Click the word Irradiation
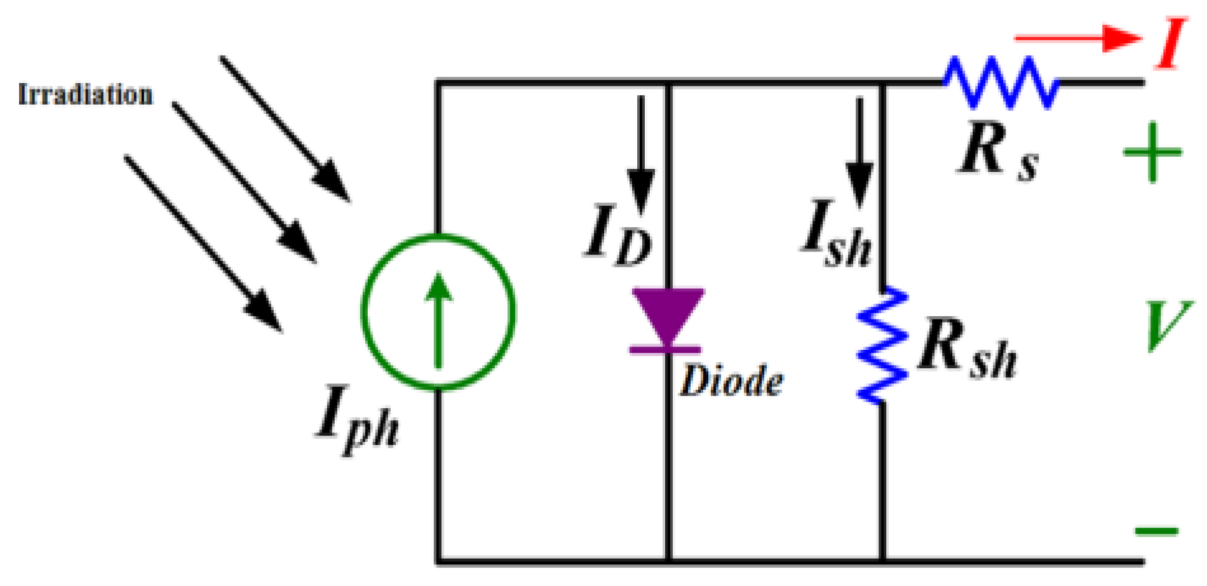86,95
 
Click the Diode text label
732,382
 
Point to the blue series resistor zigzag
1001,82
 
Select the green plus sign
1152,152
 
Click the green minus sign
1157,530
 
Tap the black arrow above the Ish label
859,152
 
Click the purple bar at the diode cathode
666,349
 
